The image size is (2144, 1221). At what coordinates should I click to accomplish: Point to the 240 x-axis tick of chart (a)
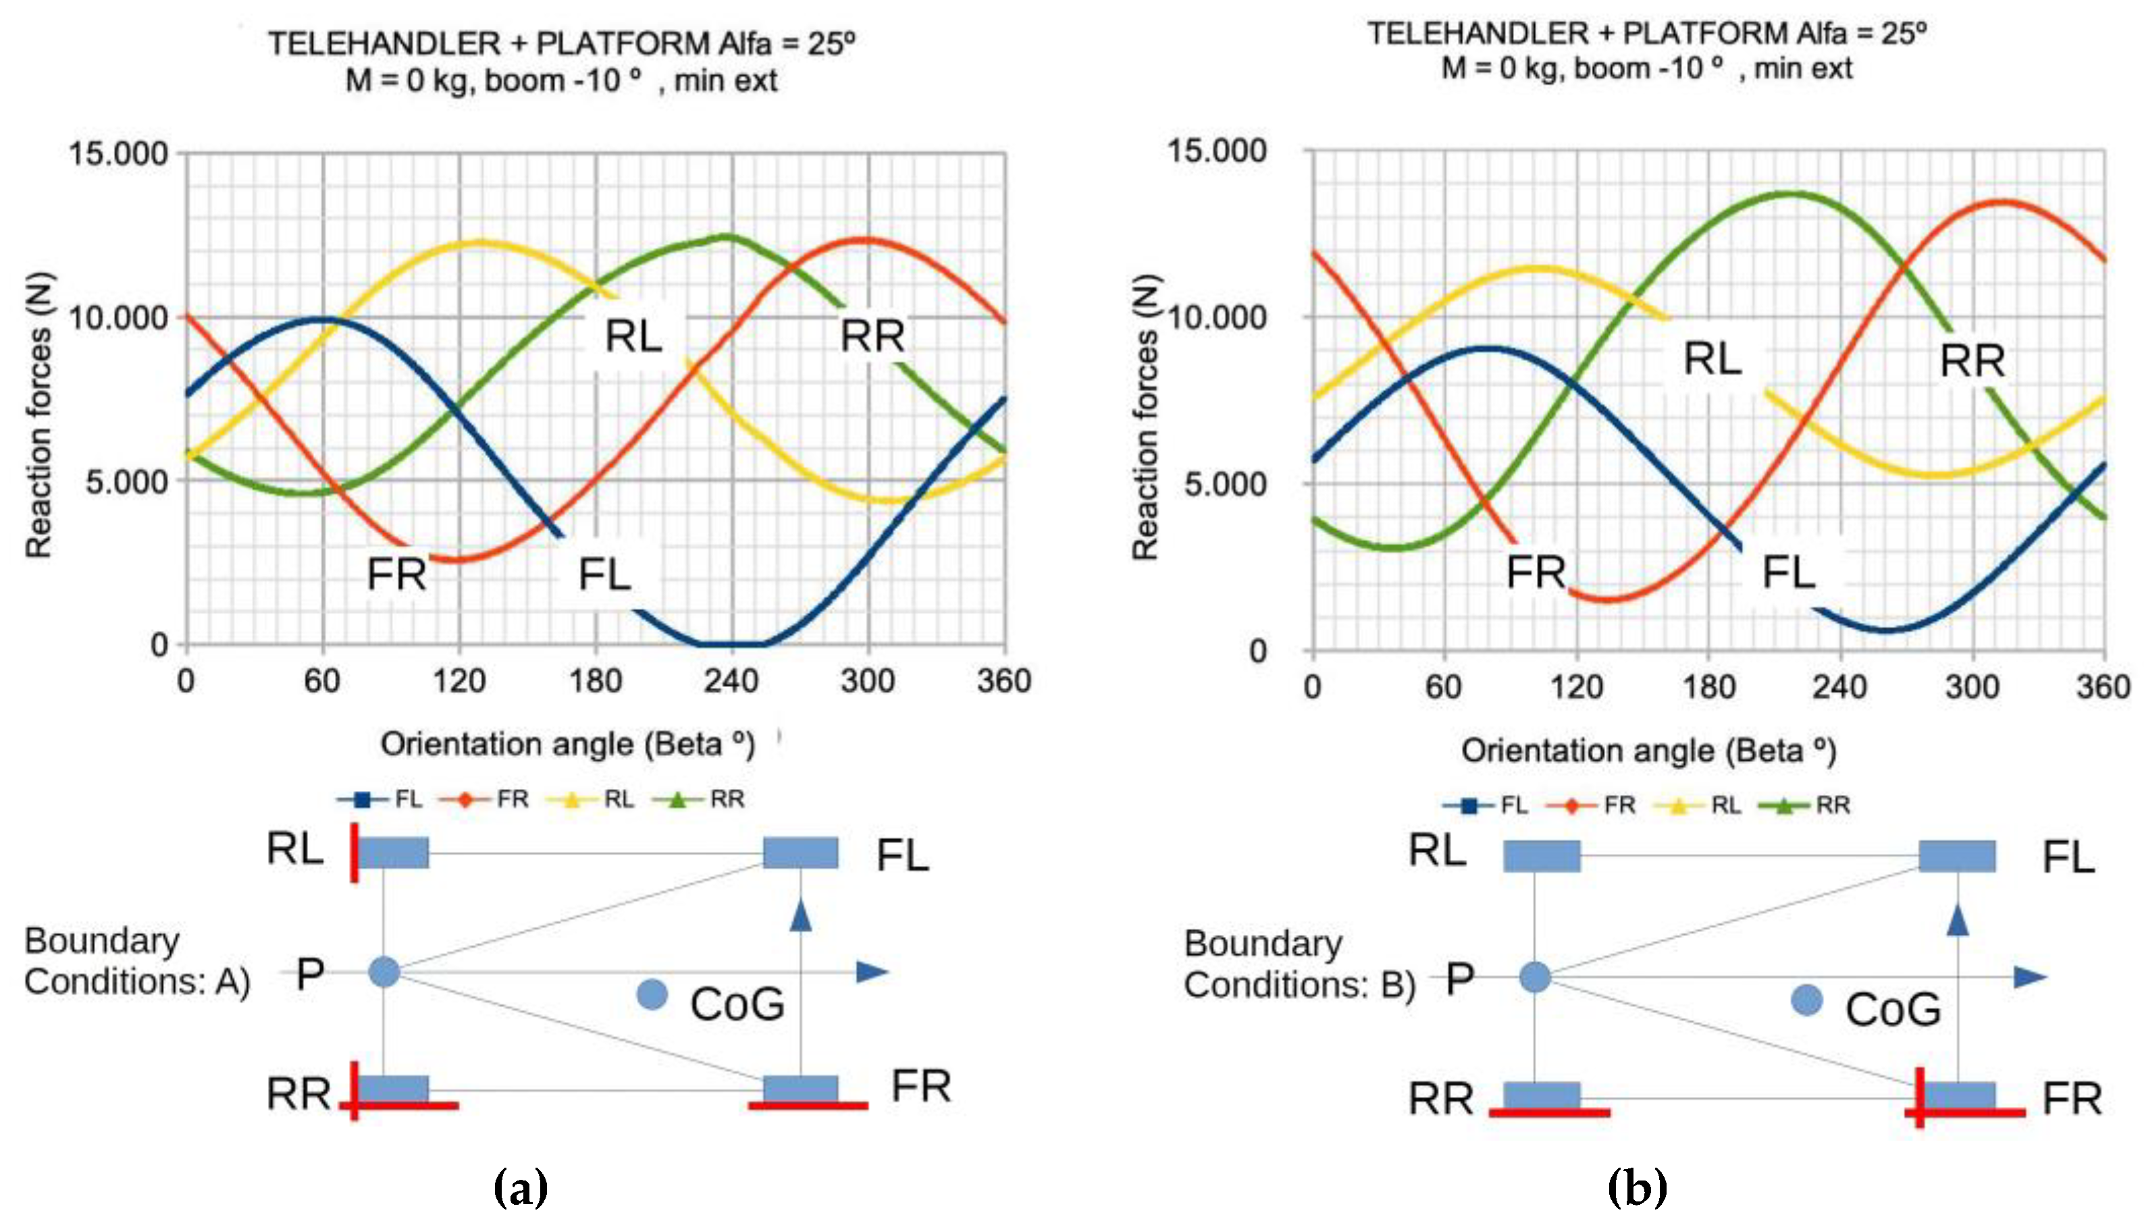[x=731, y=681]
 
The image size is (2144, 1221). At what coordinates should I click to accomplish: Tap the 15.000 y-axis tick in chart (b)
[x=1216, y=151]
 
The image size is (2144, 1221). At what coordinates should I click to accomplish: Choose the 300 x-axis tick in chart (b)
[x=1971, y=688]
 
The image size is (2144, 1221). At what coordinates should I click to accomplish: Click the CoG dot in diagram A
[x=652, y=995]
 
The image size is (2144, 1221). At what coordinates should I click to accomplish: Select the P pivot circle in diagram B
[x=1534, y=977]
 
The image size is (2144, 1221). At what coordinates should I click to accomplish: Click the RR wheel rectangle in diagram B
[x=1542, y=1095]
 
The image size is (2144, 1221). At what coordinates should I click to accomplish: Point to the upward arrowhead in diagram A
[x=801, y=914]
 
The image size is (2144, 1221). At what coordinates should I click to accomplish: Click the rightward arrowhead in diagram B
[x=2030, y=977]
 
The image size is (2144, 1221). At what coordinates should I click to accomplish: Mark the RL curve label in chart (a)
[x=634, y=336]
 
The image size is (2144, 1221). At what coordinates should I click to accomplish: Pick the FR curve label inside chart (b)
[x=1536, y=573]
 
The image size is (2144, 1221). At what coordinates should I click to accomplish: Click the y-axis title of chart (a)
[x=38, y=415]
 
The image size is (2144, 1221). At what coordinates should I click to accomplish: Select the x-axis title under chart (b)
[x=1648, y=751]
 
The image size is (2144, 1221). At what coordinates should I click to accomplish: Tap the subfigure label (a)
[x=521, y=1187]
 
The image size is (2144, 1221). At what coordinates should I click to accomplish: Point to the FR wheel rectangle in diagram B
[x=1958, y=1095]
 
